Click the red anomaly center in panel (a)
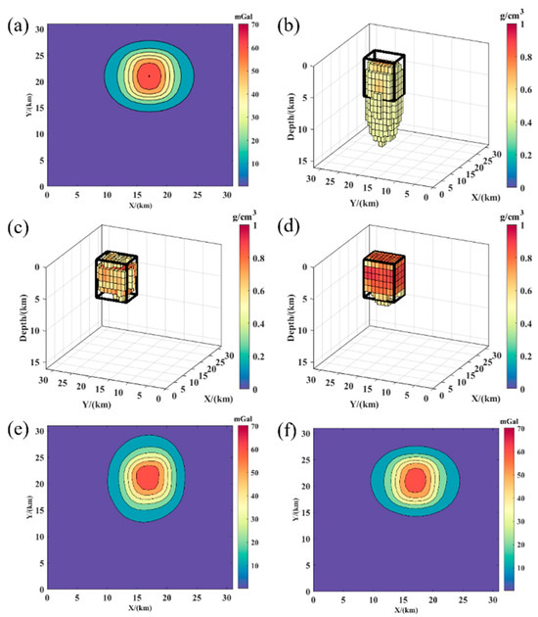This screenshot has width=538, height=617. click(x=149, y=74)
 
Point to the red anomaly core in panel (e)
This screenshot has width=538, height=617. click(x=149, y=477)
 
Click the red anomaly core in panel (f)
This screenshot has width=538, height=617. click(x=415, y=480)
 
